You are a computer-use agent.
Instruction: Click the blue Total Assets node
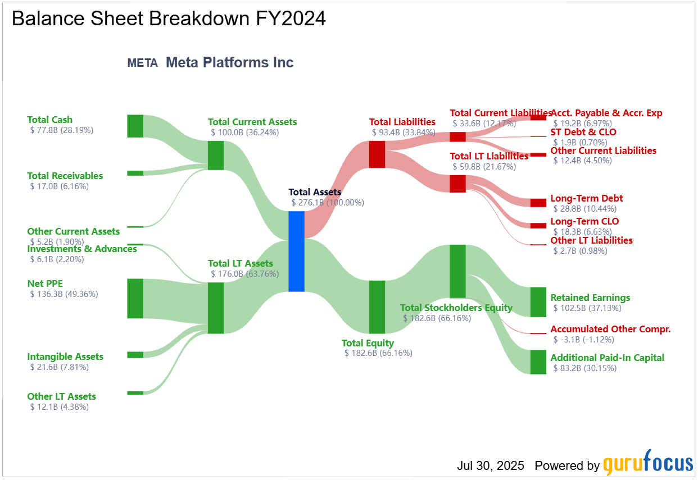coord(296,252)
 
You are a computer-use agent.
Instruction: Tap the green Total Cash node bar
coord(135,126)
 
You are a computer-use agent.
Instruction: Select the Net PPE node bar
coord(135,299)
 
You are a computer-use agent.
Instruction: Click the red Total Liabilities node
coord(377,154)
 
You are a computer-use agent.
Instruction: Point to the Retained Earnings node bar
coord(538,302)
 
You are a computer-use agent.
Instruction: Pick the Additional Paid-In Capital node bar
coord(538,362)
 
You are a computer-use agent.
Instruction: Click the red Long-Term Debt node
coord(538,203)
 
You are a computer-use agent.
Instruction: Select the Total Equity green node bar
coord(377,307)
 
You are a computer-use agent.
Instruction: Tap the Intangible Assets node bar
coord(135,355)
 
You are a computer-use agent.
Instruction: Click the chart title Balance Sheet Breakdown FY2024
coord(169,19)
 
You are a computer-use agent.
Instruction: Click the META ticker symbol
coord(142,63)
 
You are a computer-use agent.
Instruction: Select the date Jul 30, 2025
coord(491,465)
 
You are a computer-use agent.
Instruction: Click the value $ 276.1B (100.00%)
coord(328,203)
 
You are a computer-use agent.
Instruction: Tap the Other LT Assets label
coord(62,396)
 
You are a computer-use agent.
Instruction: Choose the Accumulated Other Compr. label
coord(610,329)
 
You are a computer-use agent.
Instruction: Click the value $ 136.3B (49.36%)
coord(64,294)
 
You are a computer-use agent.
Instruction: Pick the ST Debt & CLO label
coord(583,132)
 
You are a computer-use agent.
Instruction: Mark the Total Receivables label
coord(65,176)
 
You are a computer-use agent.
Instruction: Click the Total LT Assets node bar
coord(216,308)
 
